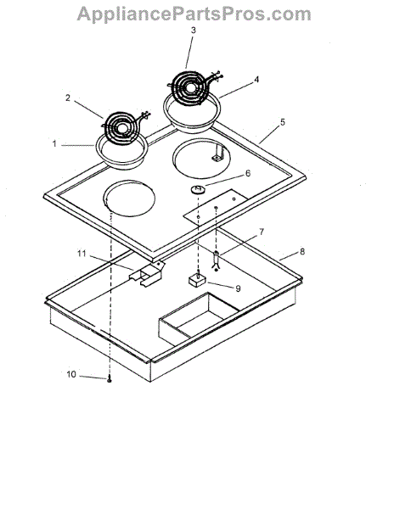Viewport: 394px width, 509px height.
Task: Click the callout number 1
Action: click(54, 143)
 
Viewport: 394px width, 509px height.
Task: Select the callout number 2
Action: click(68, 98)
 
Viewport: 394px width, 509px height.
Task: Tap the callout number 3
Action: click(194, 31)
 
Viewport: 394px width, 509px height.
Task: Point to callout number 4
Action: click(256, 80)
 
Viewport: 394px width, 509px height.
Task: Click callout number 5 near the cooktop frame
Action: click(283, 122)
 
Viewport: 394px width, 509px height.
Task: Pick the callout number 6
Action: click(248, 173)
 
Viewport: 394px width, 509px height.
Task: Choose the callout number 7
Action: click(262, 232)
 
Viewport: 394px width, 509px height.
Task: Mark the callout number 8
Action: click(302, 251)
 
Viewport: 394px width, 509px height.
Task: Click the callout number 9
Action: click(238, 288)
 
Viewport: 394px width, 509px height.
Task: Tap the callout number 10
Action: click(71, 374)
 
